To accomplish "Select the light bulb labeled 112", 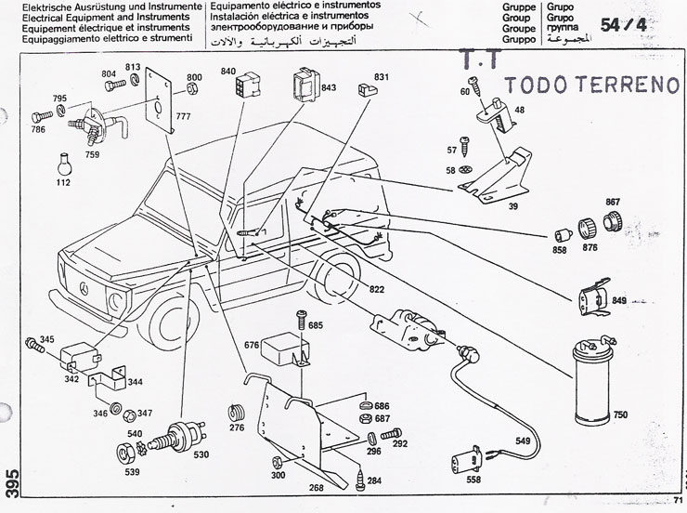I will pos(64,162).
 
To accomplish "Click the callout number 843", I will pos(328,88).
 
